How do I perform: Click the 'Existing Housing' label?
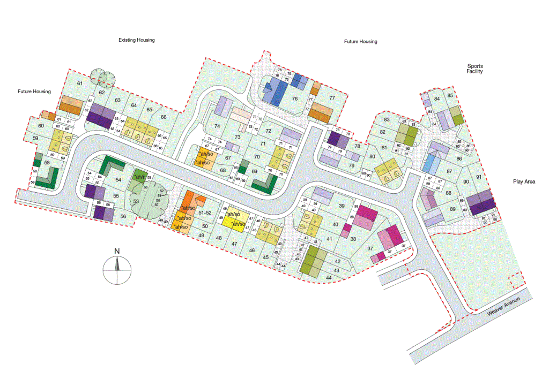point(136,40)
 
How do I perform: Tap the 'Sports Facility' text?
point(474,69)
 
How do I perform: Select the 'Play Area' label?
point(524,182)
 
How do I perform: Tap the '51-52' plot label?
point(204,213)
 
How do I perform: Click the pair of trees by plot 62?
point(102,78)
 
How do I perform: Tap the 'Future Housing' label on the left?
point(34,92)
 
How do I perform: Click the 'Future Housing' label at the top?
point(360,41)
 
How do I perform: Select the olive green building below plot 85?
point(456,117)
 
